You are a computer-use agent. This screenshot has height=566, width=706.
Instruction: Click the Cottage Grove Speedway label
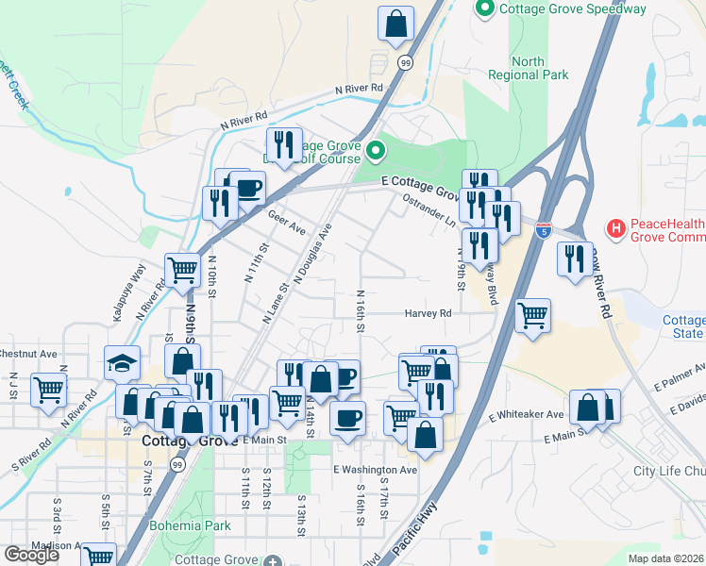[x=573, y=9]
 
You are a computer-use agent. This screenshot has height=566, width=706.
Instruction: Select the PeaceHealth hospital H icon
[x=615, y=227]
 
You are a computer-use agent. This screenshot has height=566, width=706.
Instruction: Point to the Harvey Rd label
[x=429, y=313]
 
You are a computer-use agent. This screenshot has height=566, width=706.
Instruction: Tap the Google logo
[x=31, y=555]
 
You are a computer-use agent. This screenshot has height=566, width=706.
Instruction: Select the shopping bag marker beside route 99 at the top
[x=396, y=23]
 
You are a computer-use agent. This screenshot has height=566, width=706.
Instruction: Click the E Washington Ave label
[x=375, y=469]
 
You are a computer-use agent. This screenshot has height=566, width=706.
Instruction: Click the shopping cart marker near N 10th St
[x=183, y=270]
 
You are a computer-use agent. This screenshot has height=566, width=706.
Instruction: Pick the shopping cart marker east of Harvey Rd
[x=533, y=315]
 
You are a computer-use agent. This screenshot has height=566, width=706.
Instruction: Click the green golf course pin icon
[x=376, y=150]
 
